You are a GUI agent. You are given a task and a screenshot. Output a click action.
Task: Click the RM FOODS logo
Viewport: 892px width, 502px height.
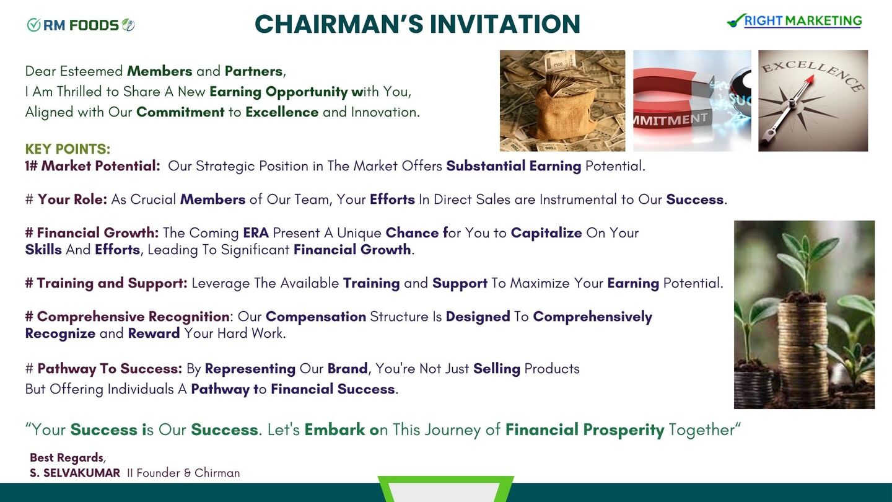[x=81, y=25]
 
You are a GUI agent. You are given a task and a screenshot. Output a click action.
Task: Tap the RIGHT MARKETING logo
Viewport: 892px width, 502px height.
[x=795, y=20]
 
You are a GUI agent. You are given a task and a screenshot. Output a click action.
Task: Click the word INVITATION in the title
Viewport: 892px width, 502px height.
[x=505, y=24]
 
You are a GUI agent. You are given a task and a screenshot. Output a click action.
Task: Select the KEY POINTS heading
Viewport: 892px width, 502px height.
[x=68, y=149]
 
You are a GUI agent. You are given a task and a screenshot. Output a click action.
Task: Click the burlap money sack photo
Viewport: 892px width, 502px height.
[x=562, y=101]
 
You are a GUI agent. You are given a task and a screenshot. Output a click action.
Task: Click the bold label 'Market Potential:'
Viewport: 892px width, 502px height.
[x=100, y=165]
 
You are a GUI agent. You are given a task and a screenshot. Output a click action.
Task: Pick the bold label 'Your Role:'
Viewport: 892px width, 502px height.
[x=72, y=199]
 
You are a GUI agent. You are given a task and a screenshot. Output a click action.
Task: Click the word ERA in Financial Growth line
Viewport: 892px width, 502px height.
[x=256, y=232]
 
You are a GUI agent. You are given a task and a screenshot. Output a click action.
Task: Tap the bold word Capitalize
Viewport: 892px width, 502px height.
[x=546, y=233]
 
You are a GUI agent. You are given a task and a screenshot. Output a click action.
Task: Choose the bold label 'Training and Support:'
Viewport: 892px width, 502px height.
[x=112, y=283]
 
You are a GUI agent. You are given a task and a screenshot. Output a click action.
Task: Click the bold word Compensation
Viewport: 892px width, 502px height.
[x=316, y=317]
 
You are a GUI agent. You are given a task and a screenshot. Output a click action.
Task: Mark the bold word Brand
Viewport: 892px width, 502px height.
[x=348, y=369]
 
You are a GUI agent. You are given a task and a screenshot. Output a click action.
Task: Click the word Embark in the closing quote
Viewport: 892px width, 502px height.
[x=334, y=429]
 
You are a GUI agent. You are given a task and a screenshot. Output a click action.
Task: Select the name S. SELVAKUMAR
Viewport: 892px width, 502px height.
[x=75, y=473]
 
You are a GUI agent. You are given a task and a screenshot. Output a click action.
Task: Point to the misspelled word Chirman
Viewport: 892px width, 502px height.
[x=217, y=473]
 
